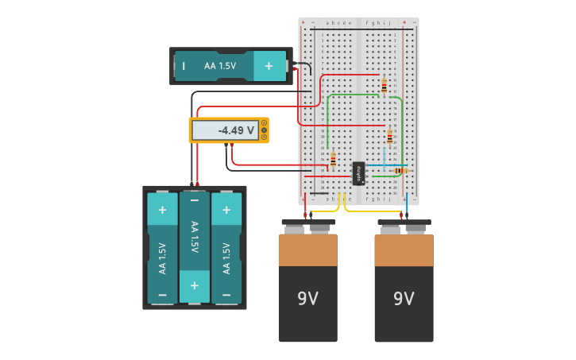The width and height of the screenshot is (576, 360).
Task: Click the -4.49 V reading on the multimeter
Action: pos(236,130)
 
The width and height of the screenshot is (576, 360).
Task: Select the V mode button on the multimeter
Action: pos(264,130)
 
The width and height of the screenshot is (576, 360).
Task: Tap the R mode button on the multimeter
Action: pos(264,137)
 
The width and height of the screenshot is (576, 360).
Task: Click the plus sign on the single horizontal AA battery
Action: pos(269,66)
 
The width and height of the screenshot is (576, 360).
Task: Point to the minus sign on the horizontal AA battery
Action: pos(184,66)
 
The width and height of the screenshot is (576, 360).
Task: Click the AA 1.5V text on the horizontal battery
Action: pos(220,66)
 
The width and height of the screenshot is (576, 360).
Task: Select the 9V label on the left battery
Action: pos(307,299)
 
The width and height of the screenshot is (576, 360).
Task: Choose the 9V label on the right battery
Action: pos(404,299)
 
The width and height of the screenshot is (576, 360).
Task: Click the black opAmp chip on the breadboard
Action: pos(358,173)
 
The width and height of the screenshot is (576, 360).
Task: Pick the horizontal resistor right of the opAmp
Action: pos(400,170)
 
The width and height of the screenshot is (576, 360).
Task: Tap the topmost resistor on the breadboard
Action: pos(385,85)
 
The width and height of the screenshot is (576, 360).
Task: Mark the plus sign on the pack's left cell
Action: pos(162,210)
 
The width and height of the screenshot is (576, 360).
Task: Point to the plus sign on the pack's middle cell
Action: pos(194,285)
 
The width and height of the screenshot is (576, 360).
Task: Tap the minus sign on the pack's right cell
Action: pos(226,293)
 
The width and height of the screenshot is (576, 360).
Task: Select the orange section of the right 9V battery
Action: pos(404,250)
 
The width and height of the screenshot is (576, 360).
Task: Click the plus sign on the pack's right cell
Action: pos(226,210)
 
